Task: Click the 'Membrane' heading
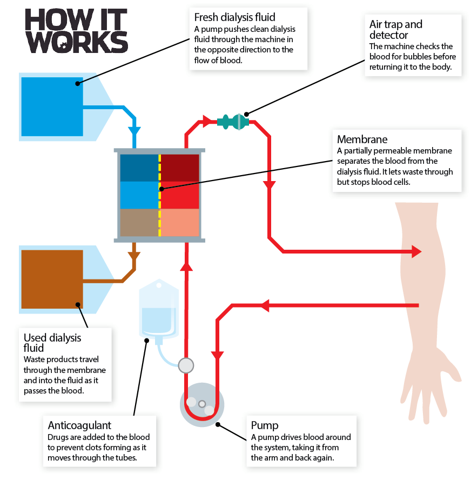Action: pyautogui.click(x=362, y=139)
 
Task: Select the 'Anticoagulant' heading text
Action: pyautogui.click(x=79, y=425)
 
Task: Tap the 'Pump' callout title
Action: pyautogui.click(x=265, y=425)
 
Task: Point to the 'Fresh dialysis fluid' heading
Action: pyautogui.click(x=234, y=17)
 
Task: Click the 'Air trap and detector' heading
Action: pyautogui.click(x=396, y=29)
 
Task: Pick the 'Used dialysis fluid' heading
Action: pyautogui.click(x=52, y=343)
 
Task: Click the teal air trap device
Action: pyautogui.click(x=233, y=122)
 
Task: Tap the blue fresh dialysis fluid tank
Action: pyautogui.click(x=52, y=106)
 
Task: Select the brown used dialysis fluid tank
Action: pyautogui.click(x=52, y=279)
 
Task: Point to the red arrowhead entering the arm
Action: pyautogui.click(x=416, y=252)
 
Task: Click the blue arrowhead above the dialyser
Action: pyautogui.click(x=134, y=131)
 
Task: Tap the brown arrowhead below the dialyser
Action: pyautogui.click(x=134, y=256)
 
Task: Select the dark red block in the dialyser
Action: pyautogui.click(x=180, y=168)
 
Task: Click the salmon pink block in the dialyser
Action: pyautogui.click(x=180, y=223)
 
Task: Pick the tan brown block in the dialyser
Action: pyautogui.click(x=139, y=223)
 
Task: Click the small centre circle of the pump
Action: pyautogui.click(x=202, y=404)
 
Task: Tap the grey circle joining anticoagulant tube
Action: pyautogui.click(x=186, y=365)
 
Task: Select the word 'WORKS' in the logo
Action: pyautogui.click(x=77, y=42)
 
